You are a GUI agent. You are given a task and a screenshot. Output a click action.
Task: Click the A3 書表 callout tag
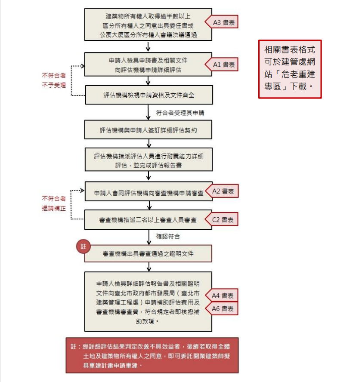(x=222, y=22)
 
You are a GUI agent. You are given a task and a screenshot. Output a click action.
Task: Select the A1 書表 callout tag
(x=222, y=65)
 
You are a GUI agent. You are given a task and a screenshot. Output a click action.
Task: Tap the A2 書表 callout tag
(x=222, y=191)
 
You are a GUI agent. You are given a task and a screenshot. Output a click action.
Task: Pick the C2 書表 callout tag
(x=222, y=219)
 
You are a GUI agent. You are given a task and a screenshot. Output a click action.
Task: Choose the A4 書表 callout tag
(x=222, y=295)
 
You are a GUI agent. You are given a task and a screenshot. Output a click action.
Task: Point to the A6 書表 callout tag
(x=222, y=308)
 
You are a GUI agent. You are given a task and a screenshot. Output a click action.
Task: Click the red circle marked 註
(x=84, y=246)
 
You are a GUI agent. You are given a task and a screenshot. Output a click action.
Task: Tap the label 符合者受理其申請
(x=180, y=113)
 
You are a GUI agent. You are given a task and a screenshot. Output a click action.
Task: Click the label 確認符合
(x=168, y=236)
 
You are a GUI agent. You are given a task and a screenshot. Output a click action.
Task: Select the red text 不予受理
(x=54, y=85)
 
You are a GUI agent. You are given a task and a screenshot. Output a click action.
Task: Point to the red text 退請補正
(x=54, y=208)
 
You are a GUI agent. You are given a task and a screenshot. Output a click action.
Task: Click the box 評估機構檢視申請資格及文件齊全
(x=149, y=95)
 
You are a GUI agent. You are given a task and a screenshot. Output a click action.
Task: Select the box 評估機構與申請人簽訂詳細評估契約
(x=148, y=129)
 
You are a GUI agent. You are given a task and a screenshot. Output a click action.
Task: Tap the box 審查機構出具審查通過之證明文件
(x=148, y=254)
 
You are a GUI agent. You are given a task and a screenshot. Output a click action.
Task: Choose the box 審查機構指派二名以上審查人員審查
(x=148, y=219)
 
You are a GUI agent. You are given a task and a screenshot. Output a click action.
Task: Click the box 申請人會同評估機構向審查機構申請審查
(x=149, y=191)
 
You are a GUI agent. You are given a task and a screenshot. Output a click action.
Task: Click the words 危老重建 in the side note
(x=298, y=74)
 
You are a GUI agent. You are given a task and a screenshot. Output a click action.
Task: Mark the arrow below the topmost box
(x=148, y=46)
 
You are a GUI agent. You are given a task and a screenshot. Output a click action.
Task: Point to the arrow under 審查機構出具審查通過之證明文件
(x=149, y=267)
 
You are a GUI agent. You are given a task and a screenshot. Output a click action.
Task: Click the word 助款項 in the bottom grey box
(x=145, y=321)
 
